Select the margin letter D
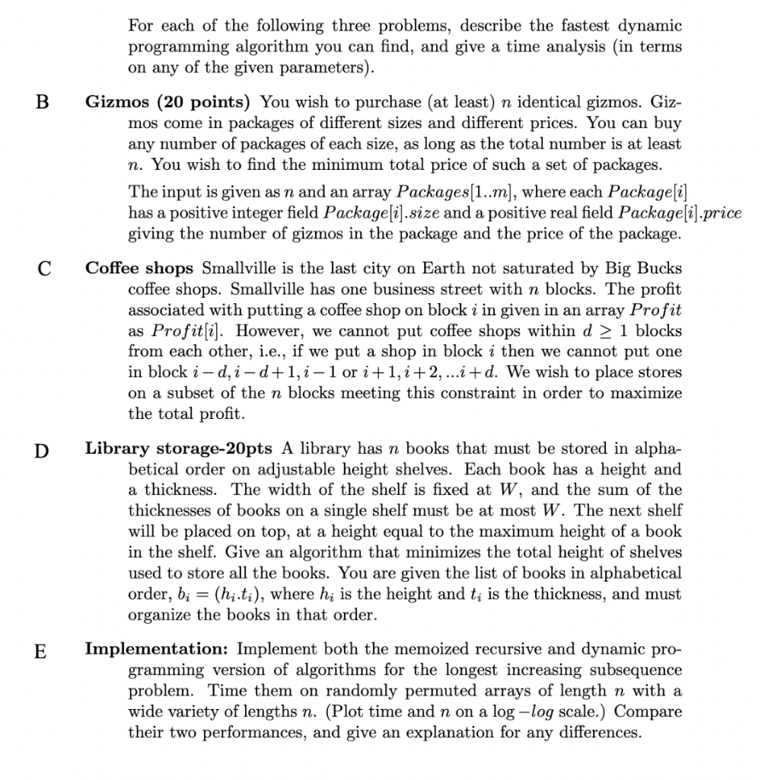coord(43,449)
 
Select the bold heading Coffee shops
coord(139,268)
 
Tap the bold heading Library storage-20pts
coord(180,449)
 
